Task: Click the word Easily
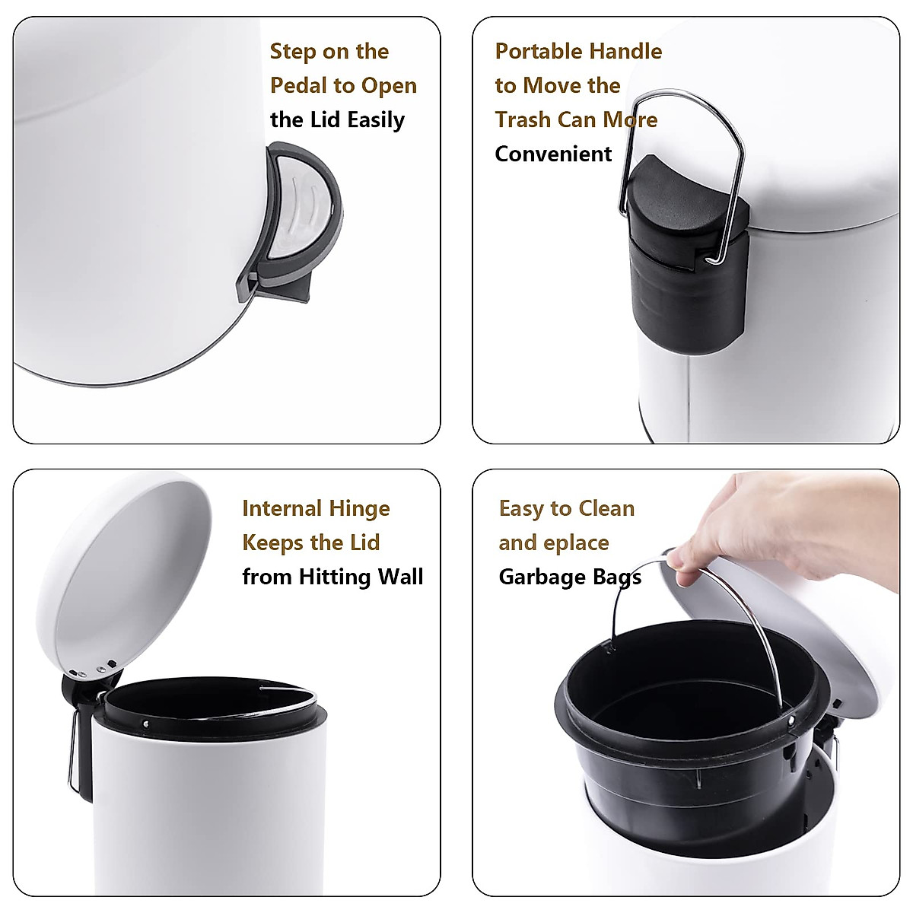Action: (x=376, y=120)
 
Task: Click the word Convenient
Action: (x=553, y=154)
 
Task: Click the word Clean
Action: (x=606, y=508)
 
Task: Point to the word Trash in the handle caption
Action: (x=523, y=120)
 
